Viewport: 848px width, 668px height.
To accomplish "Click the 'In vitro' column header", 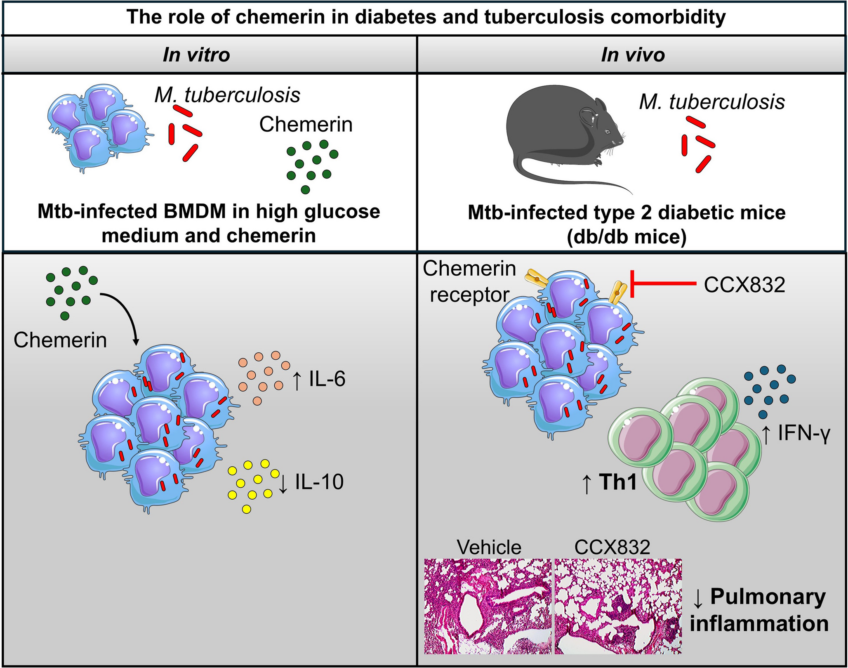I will (x=196, y=55).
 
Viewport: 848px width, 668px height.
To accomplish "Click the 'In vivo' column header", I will (x=633, y=55).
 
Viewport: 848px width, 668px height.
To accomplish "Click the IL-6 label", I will (x=327, y=379).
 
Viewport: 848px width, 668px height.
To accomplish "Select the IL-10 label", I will (x=319, y=482).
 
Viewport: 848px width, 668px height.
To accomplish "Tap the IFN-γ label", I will (x=804, y=434).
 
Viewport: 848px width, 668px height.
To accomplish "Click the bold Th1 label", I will (x=618, y=482).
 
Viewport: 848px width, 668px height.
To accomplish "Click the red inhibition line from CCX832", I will (x=664, y=283).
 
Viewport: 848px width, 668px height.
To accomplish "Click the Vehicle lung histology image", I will (x=488, y=606).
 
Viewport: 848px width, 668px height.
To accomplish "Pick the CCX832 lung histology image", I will (x=618, y=606).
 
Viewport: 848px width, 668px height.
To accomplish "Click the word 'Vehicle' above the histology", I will (x=489, y=548).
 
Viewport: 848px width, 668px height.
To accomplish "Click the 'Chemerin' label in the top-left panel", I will (x=306, y=125).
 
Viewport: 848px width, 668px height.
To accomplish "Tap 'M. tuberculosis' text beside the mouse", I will (x=712, y=102).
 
